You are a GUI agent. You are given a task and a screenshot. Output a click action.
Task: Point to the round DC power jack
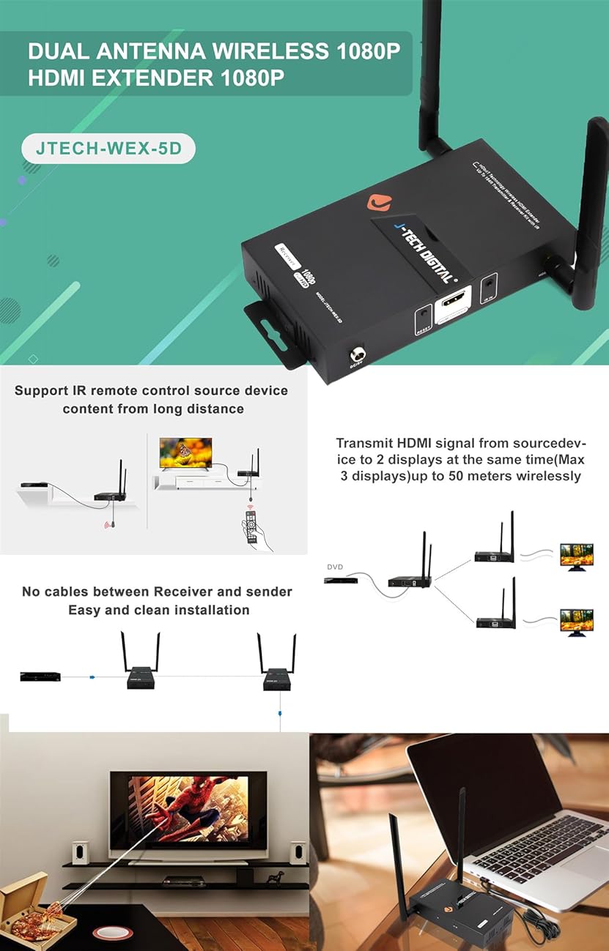[358, 357]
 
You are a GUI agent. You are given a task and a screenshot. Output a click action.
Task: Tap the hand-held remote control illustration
[254, 529]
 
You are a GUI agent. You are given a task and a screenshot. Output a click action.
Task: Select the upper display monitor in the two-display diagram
[576, 555]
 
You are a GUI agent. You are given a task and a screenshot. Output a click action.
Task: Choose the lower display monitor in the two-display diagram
[576, 621]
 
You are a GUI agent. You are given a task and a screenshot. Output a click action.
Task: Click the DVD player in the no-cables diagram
[40, 676]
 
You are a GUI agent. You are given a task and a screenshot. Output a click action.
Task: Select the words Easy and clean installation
[159, 610]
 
